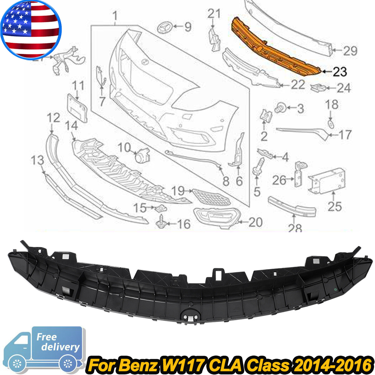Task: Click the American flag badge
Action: [x=31, y=30]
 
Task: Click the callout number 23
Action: [x=339, y=72]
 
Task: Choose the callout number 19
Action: [x=178, y=190]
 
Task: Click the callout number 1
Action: [x=115, y=15]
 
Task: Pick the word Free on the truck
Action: [x=47, y=337]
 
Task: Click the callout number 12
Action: [x=53, y=118]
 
